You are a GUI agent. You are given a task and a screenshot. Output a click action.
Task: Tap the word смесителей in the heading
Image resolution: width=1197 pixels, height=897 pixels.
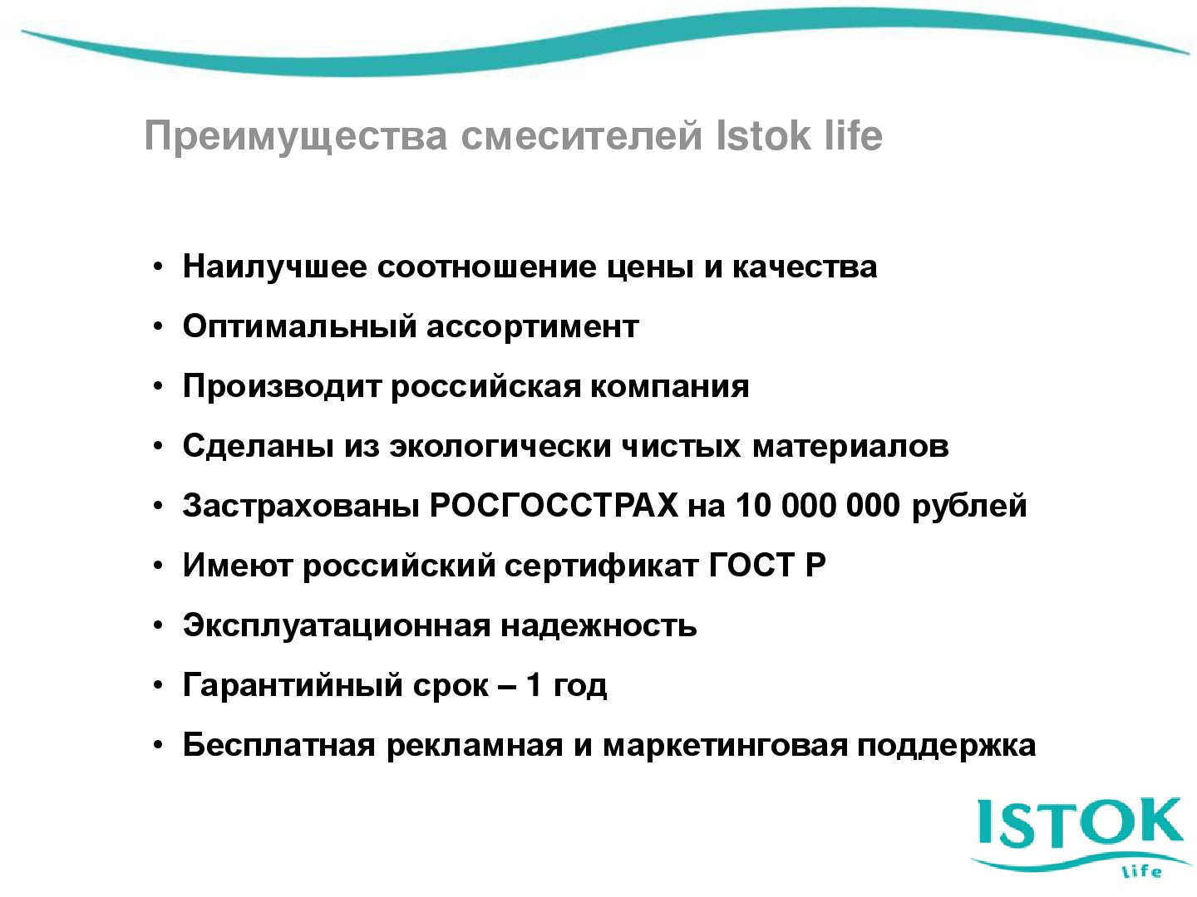click(x=581, y=135)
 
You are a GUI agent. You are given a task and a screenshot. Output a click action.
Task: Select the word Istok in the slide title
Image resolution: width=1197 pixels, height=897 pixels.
click(x=762, y=135)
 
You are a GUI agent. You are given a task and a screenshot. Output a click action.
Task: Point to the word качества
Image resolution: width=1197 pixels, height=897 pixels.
click(x=805, y=267)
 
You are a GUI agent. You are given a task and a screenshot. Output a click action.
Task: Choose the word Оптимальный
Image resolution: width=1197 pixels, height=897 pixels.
click(x=299, y=326)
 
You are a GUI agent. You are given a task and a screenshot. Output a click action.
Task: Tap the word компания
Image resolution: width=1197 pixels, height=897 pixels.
click(x=670, y=387)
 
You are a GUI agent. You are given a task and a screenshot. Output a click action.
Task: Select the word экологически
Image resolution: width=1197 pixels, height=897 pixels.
click(x=500, y=446)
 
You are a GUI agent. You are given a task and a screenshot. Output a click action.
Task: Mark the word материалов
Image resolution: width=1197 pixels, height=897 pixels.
click(x=850, y=446)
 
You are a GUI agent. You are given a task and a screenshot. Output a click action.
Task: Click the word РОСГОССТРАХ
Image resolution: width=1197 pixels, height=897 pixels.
click(x=554, y=505)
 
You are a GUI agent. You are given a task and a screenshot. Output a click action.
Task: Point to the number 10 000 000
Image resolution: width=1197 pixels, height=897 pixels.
click(x=817, y=505)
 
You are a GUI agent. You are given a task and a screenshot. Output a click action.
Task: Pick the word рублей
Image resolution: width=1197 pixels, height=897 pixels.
click(x=969, y=507)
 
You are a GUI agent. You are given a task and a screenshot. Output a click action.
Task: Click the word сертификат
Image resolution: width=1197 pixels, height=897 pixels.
click(x=602, y=566)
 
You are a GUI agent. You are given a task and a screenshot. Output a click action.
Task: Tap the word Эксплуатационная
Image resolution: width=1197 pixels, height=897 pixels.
click(x=337, y=625)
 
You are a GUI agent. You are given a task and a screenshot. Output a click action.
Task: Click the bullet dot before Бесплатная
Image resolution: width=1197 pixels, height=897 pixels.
click(x=158, y=745)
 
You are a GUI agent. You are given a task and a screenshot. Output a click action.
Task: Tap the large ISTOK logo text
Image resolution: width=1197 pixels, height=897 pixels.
click(x=1080, y=822)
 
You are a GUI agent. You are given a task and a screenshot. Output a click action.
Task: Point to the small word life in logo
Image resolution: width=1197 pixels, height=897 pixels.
click(x=1140, y=872)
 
